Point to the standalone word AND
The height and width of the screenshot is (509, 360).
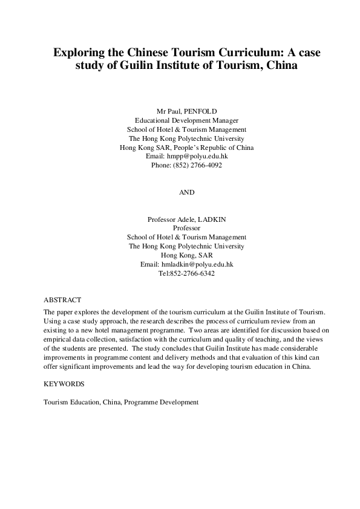[x=186, y=192]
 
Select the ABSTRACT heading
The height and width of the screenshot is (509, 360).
[x=62, y=300]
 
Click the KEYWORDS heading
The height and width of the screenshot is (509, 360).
[x=64, y=384]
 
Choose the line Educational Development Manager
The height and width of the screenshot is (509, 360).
[x=186, y=120]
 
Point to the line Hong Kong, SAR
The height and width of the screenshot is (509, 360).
[x=186, y=255]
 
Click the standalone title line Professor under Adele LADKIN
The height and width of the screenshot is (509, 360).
[x=186, y=228]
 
